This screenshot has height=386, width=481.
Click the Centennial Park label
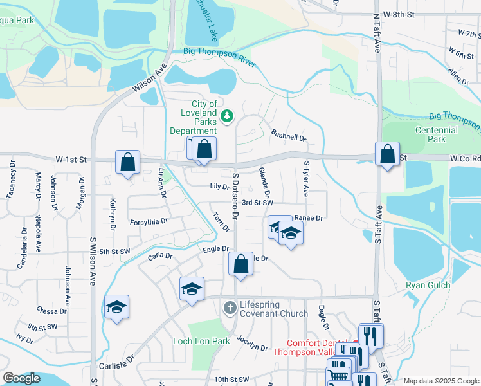436,134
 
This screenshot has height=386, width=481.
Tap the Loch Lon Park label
201,341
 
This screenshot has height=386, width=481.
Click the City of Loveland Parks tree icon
226,116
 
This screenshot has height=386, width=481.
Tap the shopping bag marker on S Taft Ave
387,155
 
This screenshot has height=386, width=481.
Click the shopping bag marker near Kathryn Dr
128,163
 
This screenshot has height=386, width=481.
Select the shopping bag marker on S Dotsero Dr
240,264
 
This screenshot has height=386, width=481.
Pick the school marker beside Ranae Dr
291,234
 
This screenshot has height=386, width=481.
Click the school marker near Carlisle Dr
192,289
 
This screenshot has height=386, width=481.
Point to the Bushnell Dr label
288,136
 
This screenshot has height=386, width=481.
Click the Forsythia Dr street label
149,221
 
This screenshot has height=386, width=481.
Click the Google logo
22,378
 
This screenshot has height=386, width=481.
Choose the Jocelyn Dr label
251,344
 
